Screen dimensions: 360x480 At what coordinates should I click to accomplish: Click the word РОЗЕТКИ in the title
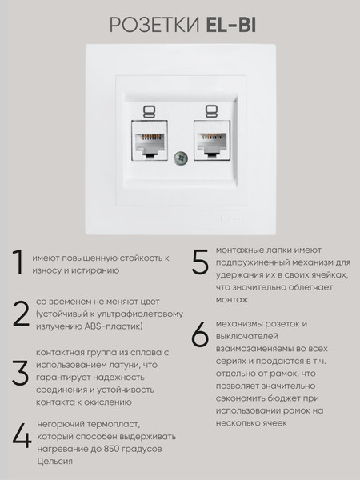(x=154, y=25)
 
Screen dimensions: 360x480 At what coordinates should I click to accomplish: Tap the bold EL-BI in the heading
(x=231, y=25)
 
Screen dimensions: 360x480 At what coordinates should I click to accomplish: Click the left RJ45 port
(x=150, y=140)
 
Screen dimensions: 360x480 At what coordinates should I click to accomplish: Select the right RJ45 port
(x=212, y=140)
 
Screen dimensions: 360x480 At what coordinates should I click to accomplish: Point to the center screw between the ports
(x=181, y=158)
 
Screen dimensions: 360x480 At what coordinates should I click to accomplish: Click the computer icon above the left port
(x=149, y=112)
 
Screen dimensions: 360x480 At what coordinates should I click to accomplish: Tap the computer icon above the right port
(x=211, y=112)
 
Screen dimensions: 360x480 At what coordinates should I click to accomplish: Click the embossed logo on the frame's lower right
(x=231, y=219)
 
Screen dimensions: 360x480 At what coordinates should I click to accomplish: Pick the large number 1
(x=18, y=262)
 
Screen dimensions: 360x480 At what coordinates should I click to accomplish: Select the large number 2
(x=21, y=314)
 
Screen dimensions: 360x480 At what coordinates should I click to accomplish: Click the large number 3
(x=21, y=373)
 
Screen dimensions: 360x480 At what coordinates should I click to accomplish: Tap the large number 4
(x=22, y=436)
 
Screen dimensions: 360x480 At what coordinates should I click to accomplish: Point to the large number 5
(x=200, y=262)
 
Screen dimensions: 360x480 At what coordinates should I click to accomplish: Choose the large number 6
(x=200, y=334)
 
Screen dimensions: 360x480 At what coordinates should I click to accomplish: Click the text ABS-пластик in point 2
(x=114, y=326)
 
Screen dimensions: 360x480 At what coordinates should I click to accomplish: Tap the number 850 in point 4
(x=112, y=449)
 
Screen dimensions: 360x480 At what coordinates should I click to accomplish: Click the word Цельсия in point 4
(x=54, y=462)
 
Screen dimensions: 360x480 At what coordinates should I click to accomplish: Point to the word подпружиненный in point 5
(x=253, y=263)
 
